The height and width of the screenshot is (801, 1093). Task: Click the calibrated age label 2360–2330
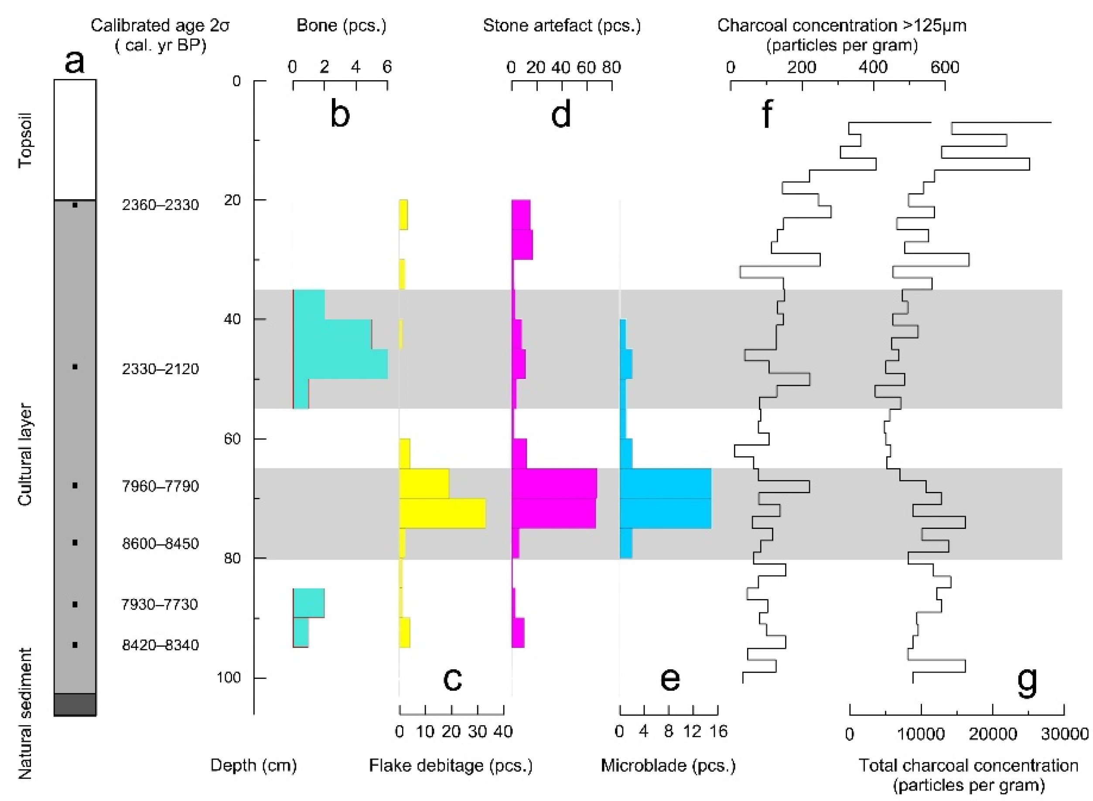point(160,205)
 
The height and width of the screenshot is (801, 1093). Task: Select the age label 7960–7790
point(160,486)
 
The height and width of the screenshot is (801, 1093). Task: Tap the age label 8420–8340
point(160,645)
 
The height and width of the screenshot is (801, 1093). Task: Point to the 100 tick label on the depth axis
point(229,677)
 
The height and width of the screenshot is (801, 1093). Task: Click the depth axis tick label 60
point(233,439)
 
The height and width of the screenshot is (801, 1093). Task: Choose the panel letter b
point(339,114)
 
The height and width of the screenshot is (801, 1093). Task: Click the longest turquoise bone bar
point(340,364)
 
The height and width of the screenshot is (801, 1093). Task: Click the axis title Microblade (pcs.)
point(668,766)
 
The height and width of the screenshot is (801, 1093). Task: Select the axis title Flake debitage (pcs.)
point(451,766)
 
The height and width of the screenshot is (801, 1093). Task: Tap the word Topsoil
point(25,140)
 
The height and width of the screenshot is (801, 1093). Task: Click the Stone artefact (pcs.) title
point(561,25)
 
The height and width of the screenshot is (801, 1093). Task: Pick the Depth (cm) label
point(253,766)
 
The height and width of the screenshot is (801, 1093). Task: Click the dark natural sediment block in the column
point(75,705)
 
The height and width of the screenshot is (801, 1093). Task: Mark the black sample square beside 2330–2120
point(75,367)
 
